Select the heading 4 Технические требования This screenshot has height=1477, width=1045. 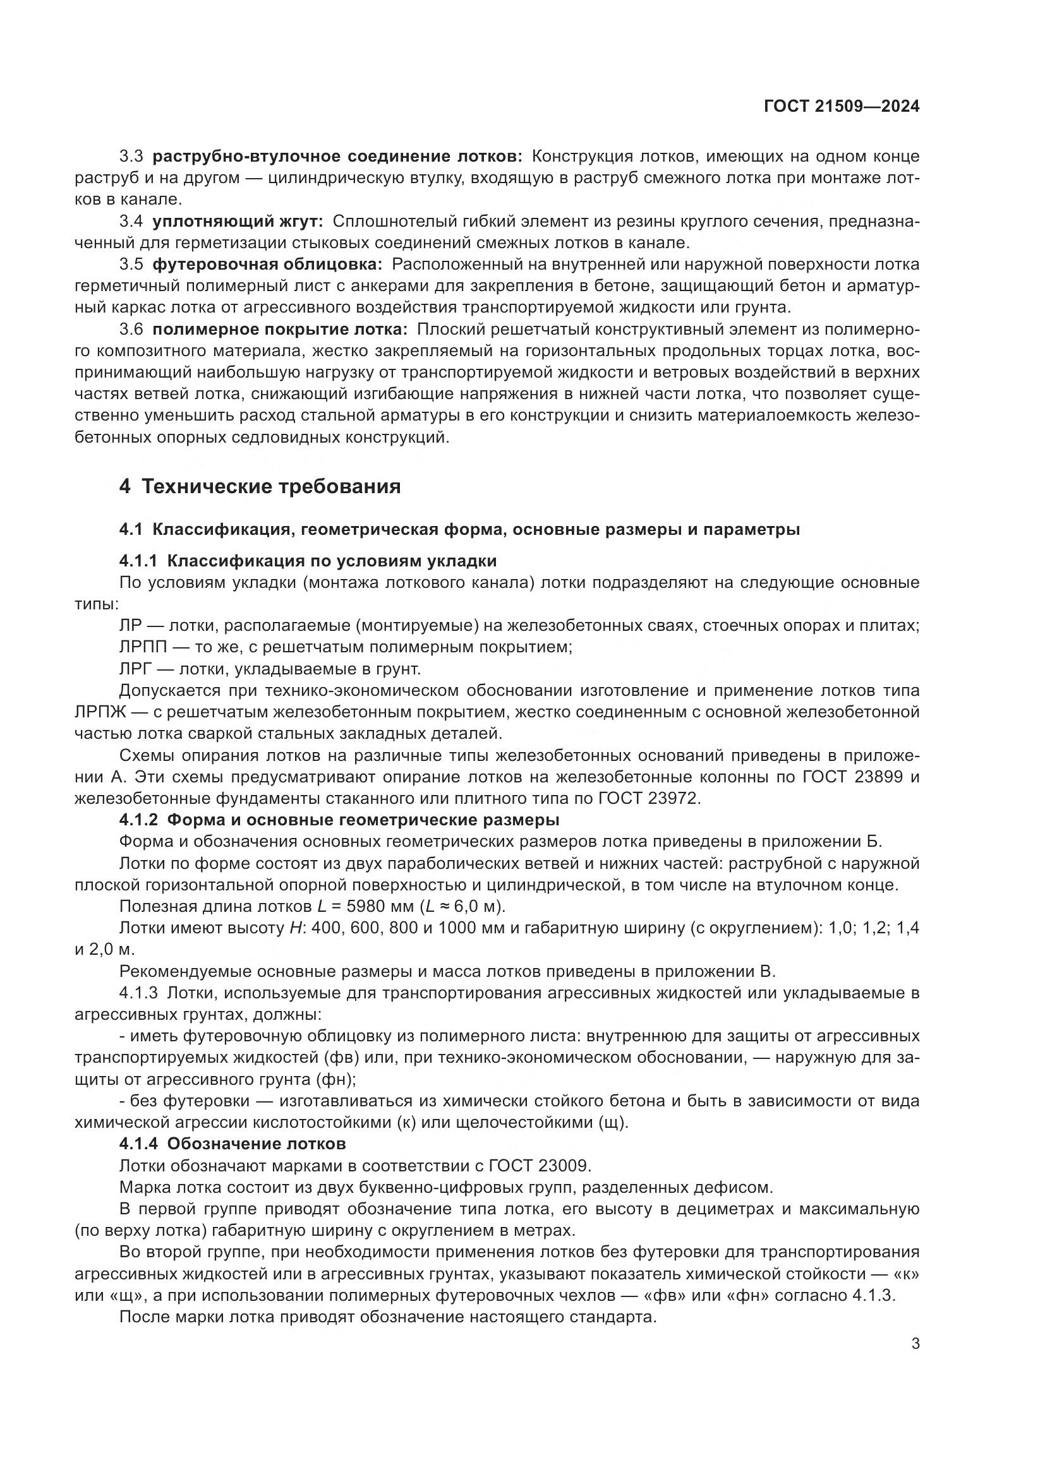pos(260,486)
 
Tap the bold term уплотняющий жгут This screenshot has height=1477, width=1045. pos(238,221)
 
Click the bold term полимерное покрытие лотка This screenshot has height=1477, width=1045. pos(280,330)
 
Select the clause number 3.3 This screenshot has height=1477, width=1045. pos(131,157)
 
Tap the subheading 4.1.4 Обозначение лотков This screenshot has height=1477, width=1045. pos(233,1144)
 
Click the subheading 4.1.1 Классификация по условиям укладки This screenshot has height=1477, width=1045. pos(308,561)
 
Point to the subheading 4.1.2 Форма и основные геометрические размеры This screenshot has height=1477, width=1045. pos(339,820)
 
